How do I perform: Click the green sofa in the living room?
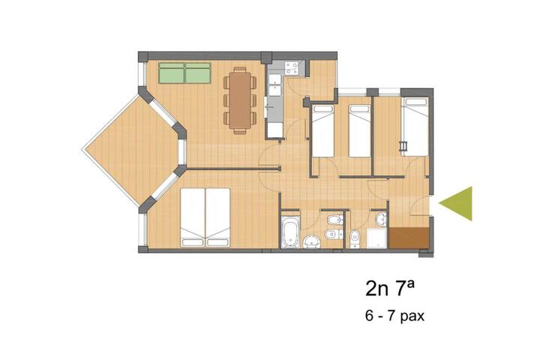pos(184,73)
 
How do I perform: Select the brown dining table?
pos(240,98)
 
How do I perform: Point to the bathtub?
pos(290,232)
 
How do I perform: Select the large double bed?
pos(205,217)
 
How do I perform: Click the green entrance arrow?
pos(457,203)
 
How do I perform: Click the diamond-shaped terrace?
pos(130,150)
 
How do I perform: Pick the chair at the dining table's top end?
pos(240,68)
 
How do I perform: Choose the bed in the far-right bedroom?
pos(415,124)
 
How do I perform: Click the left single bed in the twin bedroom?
pos(322,130)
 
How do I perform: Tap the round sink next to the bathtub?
pos(311,241)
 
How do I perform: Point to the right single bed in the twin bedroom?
pos(360,130)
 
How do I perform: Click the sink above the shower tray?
pos(381,219)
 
